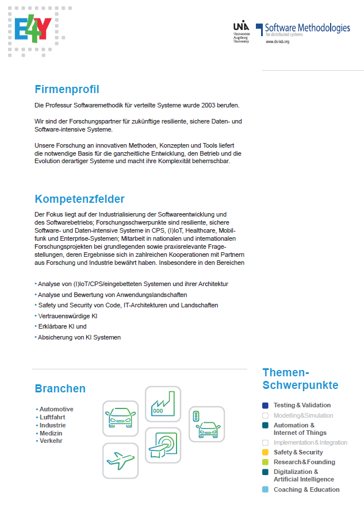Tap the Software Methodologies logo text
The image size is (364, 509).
[x=306, y=28]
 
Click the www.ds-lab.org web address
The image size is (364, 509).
[x=277, y=42]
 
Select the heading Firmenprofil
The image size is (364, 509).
[x=67, y=90]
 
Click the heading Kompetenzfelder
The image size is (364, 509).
[x=79, y=199]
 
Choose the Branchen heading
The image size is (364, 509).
[x=60, y=389]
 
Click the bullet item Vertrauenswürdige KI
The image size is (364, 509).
[x=67, y=316]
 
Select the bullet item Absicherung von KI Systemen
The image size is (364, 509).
[x=79, y=337]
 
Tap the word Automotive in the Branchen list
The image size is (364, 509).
[x=56, y=409]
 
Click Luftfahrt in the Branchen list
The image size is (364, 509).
[x=52, y=417]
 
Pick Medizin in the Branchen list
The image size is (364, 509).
[x=51, y=433]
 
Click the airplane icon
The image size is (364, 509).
[x=120, y=461]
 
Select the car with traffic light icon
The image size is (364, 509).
[x=206, y=424]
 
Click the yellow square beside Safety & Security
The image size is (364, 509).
[x=265, y=452]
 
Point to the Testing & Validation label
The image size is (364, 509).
[x=302, y=405]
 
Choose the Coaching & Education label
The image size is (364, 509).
[x=306, y=489]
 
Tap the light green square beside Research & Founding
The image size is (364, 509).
[x=265, y=462]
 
